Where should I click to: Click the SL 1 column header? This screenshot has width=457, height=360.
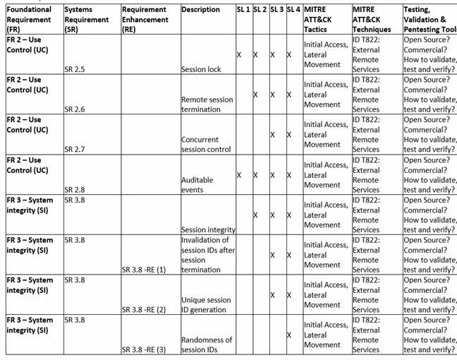pyautogui.click(x=243, y=10)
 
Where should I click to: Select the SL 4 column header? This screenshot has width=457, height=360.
pyautogui.click(x=293, y=10)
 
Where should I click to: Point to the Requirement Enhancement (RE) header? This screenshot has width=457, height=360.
pyautogui.click(x=145, y=20)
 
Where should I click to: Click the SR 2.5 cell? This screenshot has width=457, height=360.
pyautogui.click(x=75, y=69)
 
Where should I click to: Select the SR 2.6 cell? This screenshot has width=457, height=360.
pyautogui.click(x=75, y=109)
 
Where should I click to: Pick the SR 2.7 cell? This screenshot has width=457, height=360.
pyautogui.click(x=75, y=150)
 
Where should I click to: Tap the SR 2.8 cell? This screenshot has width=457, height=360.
pyautogui.click(x=75, y=190)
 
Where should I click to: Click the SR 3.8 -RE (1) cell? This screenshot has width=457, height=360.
pyautogui.click(x=143, y=270)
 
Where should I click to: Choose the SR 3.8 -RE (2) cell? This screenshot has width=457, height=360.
pyautogui.click(x=143, y=310)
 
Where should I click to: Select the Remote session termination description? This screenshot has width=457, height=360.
pyautogui.click(x=203, y=104)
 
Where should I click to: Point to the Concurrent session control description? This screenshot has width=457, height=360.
pyautogui.click(x=206, y=145)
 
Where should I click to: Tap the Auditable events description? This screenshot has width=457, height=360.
pyautogui.click(x=197, y=185)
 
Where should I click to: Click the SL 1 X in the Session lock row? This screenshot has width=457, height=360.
pyautogui.click(x=239, y=54)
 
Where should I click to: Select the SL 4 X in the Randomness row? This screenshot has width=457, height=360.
pyautogui.click(x=289, y=335)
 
